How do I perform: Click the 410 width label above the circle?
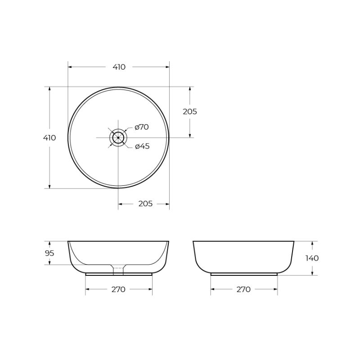tap(119, 67)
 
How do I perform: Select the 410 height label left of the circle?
tap(49, 138)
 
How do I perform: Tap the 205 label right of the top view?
tap(190, 112)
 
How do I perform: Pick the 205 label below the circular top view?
tap(145, 204)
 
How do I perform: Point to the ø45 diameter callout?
tap(142, 146)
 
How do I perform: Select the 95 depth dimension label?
tap(49, 253)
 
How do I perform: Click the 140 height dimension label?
tap(312, 258)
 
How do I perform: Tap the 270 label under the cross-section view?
tap(118, 289)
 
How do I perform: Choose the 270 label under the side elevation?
tap(243, 289)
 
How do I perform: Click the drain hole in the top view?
tap(118, 137)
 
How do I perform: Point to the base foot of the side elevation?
tap(244, 274)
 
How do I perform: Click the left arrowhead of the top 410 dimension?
tap(70, 67)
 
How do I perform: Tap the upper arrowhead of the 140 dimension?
tap(312, 243)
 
